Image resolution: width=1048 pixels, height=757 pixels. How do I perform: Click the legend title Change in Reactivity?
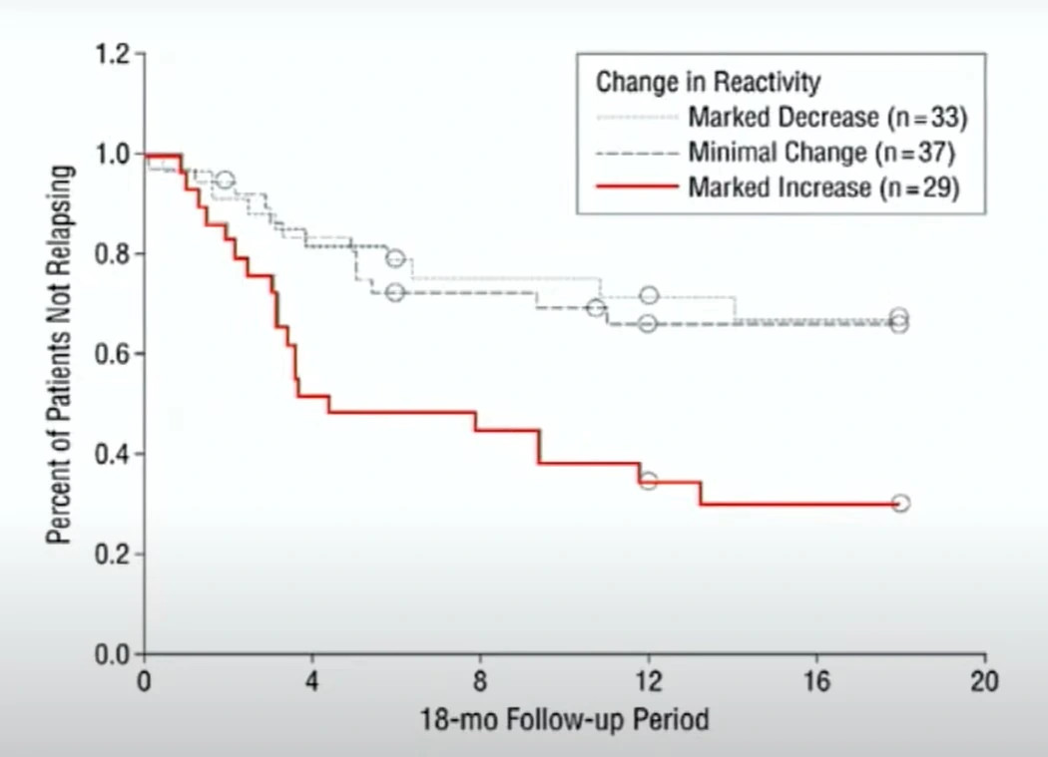709,82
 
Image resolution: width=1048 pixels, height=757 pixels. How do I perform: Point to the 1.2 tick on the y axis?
115,53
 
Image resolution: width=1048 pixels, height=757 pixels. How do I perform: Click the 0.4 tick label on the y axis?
115,454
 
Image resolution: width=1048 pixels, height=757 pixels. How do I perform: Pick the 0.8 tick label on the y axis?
115,253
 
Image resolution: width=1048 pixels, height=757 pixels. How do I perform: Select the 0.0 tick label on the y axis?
115,654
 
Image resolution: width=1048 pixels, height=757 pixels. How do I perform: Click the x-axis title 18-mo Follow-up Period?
564,718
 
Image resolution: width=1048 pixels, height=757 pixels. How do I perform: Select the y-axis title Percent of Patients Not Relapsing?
62,353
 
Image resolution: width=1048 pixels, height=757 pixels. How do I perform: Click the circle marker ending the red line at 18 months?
900,503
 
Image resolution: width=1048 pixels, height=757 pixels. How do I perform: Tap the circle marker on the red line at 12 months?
649,481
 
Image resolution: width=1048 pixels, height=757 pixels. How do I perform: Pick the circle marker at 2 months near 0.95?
226,181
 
